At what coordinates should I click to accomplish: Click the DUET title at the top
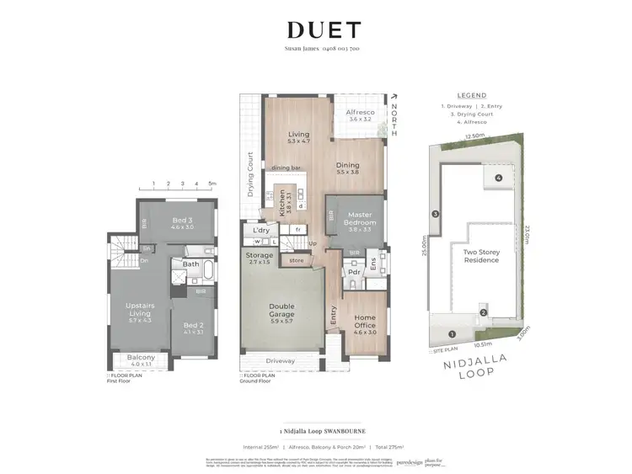coord(324,30)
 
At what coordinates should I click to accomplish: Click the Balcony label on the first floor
coord(141,359)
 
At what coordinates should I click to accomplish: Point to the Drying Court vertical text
coord(250,173)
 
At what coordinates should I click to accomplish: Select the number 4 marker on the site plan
coord(498,178)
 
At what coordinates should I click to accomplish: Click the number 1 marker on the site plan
coord(451,334)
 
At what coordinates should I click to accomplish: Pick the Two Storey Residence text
coord(476,255)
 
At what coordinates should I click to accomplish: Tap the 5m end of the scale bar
coord(212,183)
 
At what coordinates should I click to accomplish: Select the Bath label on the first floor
coord(190,264)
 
